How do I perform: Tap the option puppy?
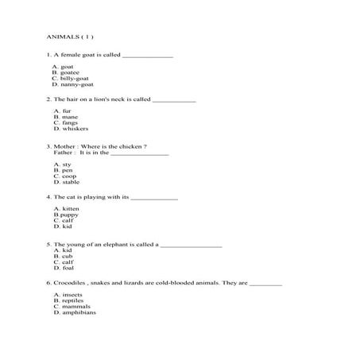[x=69, y=215]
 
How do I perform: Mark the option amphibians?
[x=78, y=312]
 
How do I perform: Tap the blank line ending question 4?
[x=153, y=197]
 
